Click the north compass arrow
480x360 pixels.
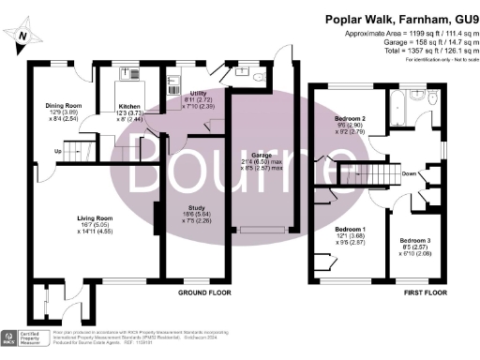tap(23, 37)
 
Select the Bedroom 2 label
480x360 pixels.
tap(352, 118)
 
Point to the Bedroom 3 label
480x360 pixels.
tap(412, 241)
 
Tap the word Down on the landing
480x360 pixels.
tap(409, 173)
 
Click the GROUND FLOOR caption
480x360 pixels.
tap(204, 292)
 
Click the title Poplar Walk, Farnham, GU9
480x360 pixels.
tap(401, 18)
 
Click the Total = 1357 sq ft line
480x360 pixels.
tap(412, 51)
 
